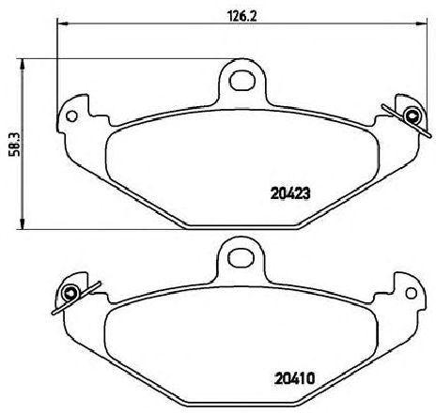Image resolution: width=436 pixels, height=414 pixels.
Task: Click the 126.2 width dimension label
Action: tap(241, 16)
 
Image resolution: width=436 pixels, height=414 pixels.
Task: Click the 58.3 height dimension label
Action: tap(15, 144)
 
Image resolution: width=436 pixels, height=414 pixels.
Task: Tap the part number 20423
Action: tap(290, 193)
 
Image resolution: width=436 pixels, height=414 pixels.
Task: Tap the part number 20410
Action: tap(294, 379)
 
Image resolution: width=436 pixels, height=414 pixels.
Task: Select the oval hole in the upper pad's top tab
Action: tap(241, 81)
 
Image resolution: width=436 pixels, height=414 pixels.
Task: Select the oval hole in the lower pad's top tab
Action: tap(241, 257)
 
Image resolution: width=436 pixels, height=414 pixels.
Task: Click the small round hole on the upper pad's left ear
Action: tap(71, 116)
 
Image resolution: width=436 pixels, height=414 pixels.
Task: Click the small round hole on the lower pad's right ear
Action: tap(412, 293)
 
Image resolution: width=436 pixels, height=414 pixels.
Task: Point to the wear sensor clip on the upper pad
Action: tap(407, 119)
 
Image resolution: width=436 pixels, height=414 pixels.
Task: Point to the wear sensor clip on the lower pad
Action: tap(75, 297)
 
